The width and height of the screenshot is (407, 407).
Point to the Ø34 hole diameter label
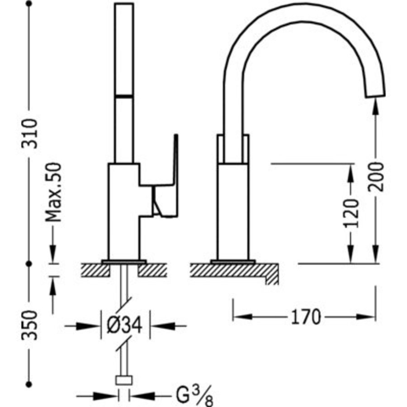coord(125,325)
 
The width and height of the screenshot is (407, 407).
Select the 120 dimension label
coord(351,212)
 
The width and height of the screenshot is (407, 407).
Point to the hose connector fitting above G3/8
coord(124,380)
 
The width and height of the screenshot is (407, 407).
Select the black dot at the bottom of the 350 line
coord(30,384)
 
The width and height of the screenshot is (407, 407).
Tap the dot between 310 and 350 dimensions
coord(30,263)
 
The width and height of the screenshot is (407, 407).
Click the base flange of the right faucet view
coord(233,261)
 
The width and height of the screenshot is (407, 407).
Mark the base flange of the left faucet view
coord(124,261)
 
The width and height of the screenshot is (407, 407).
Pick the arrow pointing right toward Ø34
coord(90,325)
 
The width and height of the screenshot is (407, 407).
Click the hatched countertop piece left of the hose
coord(95,270)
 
